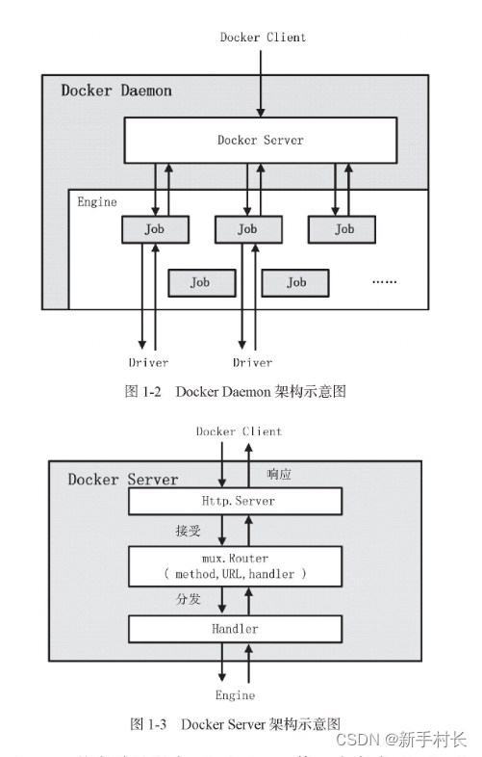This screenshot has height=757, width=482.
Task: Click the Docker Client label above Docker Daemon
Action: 262,38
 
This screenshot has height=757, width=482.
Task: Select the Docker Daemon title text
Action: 116,91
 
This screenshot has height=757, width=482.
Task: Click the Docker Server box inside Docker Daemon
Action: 260,141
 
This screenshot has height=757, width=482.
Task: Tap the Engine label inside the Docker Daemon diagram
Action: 96,202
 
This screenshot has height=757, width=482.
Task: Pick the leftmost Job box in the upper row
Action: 155,229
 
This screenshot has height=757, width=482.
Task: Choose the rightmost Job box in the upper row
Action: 343,229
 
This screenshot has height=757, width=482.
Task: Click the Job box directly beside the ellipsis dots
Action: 296,282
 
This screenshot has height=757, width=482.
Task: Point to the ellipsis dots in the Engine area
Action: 384,282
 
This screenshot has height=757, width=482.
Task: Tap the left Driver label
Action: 148,363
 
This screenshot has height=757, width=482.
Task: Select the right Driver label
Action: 252,363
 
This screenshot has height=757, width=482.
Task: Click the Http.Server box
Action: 236,501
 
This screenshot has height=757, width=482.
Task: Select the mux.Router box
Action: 236,565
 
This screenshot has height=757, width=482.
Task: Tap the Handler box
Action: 236,629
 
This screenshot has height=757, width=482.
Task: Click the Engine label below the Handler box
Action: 236,694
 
